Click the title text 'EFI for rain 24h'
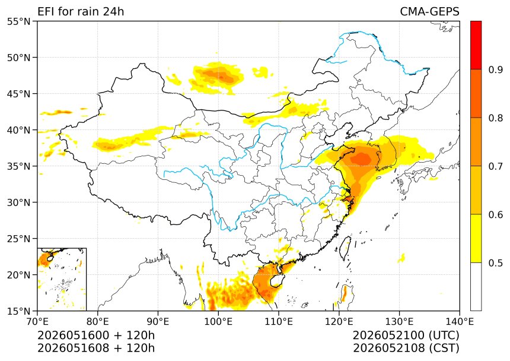click(x=81, y=12)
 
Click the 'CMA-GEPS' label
click(x=429, y=12)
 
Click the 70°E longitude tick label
click(x=37, y=322)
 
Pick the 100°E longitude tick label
click(x=218, y=322)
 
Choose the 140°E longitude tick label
click(x=459, y=322)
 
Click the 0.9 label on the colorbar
click(x=495, y=69)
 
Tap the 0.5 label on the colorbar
click(x=495, y=262)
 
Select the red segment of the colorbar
click(x=476, y=45)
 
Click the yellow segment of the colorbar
click(x=476, y=238)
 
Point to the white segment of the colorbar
click(x=476, y=286)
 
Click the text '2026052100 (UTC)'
click(x=406, y=335)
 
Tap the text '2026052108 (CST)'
click(x=406, y=348)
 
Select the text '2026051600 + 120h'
click(x=96, y=335)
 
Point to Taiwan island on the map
click(x=345, y=248)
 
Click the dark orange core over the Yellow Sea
click(x=362, y=159)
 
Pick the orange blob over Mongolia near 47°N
click(x=219, y=75)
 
